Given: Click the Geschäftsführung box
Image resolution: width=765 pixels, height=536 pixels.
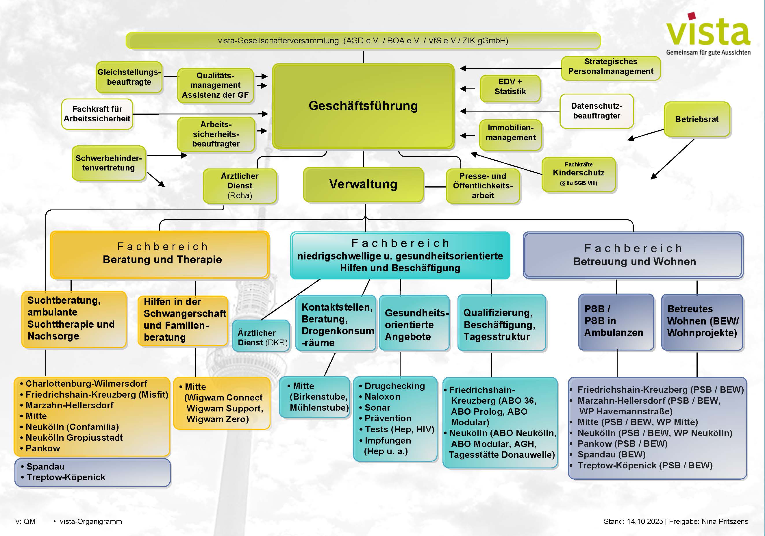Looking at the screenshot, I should (363, 106).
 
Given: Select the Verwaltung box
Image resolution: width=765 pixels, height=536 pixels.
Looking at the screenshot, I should (363, 185).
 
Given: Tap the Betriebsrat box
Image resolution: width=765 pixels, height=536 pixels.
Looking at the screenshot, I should (697, 119).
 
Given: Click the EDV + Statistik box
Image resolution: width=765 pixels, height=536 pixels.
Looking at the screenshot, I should (510, 87).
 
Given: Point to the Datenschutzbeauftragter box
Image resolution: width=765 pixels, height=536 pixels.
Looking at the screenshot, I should (597, 111).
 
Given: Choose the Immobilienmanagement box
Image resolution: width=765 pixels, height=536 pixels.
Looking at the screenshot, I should (510, 133).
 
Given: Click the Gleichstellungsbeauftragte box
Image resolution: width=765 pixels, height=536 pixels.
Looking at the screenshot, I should (129, 77).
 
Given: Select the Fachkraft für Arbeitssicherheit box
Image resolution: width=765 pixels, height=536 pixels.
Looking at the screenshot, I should (97, 114).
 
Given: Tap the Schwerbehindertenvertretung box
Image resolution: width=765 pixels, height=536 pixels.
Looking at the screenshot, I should (109, 163).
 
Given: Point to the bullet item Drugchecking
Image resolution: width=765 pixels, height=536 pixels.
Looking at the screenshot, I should (394, 386).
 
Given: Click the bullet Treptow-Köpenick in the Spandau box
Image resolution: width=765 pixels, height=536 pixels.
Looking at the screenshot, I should (66, 477).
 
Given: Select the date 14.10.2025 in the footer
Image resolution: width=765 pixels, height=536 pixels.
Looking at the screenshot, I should (645, 521).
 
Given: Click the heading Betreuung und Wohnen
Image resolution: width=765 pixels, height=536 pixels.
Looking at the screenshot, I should (634, 262).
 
